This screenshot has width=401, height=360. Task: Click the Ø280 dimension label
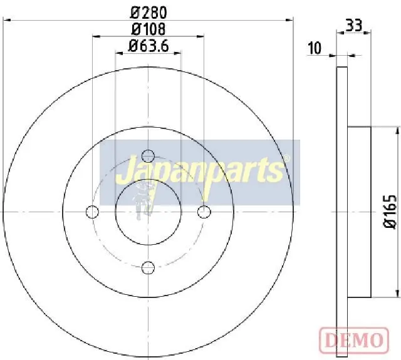tap(148, 13)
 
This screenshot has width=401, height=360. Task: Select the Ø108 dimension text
tap(148, 29)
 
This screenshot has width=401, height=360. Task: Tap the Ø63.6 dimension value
tap(148, 46)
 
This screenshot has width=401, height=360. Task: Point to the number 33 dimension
tap(354, 26)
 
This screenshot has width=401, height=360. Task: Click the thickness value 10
tap(315, 48)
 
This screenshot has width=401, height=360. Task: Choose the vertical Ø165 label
tap(390, 212)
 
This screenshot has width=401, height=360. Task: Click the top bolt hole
tap(148, 156)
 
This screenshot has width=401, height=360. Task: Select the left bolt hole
tap(92, 212)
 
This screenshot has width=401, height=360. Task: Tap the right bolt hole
tap(204, 212)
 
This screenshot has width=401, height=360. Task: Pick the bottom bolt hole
tap(148, 267)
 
